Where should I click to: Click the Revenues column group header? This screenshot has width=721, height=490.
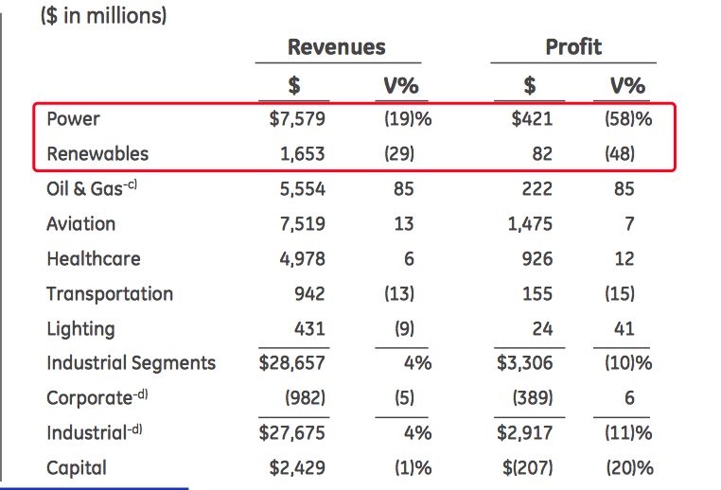[x=337, y=47]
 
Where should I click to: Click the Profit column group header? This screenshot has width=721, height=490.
[x=572, y=47]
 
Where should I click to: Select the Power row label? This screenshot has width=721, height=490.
[x=73, y=119]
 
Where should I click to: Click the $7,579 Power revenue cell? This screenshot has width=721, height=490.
[x=297, y=119]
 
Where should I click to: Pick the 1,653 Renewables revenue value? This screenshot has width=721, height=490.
[x=302, y=154]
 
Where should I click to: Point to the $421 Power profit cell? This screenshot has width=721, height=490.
[x=531, y=119]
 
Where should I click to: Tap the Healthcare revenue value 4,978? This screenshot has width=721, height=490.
[x=302, y=259]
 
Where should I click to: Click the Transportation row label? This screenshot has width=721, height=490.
[x=110, y=294]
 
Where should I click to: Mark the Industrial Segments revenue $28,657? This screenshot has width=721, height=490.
[x=292, y=363]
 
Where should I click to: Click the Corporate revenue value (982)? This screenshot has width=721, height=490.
[x=305, y=398]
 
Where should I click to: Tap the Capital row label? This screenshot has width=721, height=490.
[x=77, y=468]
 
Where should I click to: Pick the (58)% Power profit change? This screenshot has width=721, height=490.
[x=627, y=119]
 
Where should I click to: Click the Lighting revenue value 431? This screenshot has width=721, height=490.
[x=308, y=329]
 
